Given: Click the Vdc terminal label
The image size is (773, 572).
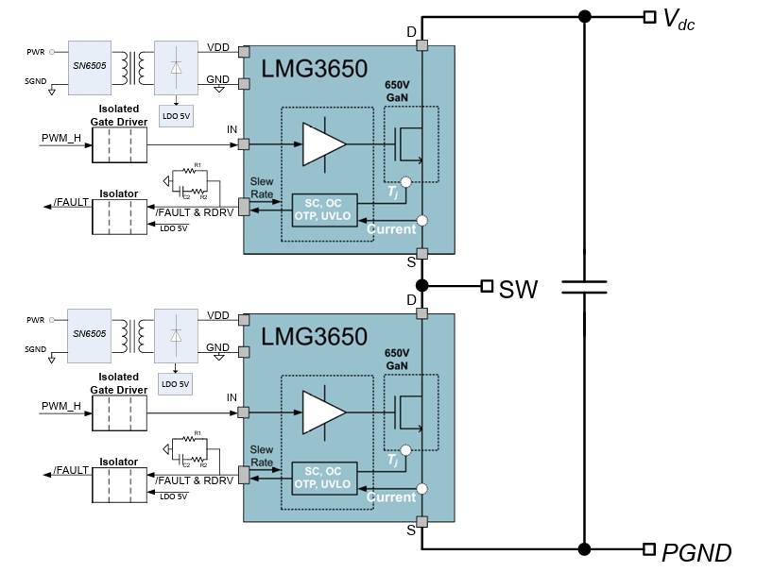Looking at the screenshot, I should [x=679, y=18].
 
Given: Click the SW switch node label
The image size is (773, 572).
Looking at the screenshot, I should [x=518, y=288].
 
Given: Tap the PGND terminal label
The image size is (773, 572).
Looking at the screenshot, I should [x=696, y=552].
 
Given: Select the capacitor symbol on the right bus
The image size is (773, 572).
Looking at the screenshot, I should [x=584, y=286].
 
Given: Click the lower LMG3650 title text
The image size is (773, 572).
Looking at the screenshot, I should [x=315, y=336].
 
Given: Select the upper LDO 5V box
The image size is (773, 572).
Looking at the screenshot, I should [x=176, y=115].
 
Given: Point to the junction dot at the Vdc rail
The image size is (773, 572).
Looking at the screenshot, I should [x=584, y=16].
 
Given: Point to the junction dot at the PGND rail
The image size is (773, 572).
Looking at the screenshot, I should [x=584, y=548].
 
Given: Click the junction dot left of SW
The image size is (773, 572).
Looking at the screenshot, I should [x=422, y=285].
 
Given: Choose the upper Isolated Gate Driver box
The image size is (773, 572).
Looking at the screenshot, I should [x=118, y=145].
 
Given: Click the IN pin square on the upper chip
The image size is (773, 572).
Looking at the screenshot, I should [x=244, y=144].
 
